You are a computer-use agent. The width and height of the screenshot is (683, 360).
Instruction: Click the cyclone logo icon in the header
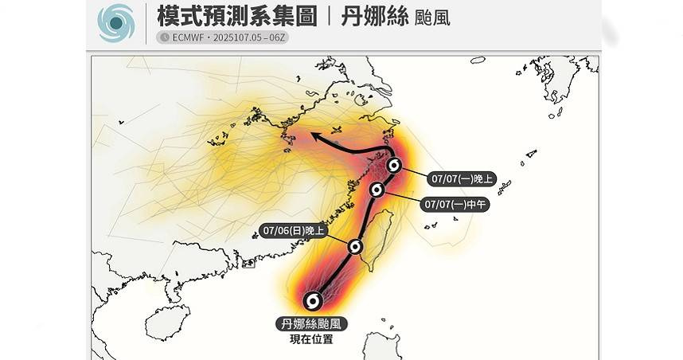[x=116, y=22]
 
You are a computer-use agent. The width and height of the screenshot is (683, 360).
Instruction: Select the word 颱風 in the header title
[x=433, y=18]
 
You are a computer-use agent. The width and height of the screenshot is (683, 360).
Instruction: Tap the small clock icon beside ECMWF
[x=164, y=37]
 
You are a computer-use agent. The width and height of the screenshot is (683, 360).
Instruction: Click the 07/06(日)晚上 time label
[x=294, y=231]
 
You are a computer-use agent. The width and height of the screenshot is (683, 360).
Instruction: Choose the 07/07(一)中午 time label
[x=456, y=204]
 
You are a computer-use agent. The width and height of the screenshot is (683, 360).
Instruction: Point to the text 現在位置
[x=311, y=339]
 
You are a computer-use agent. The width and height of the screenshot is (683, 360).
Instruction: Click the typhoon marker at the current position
[x=314, y=300]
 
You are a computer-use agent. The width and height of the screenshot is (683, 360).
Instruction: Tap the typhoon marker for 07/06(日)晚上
[x=356, y=247]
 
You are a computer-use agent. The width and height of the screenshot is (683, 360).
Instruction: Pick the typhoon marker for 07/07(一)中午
[x=378, y=190]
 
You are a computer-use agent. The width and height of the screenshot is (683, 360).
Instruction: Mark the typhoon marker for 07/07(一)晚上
[x=394, y=166]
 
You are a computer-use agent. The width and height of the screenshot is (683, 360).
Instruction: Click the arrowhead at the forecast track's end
[x=314, y=137]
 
